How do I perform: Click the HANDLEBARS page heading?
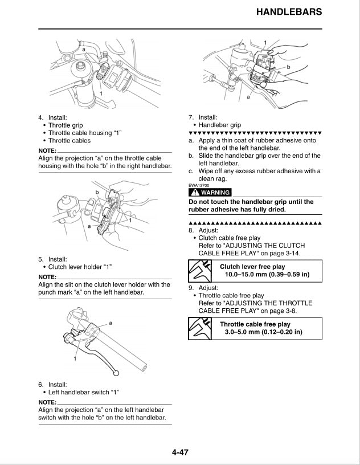[x=289, y=12]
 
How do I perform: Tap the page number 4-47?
[x=179, y=453]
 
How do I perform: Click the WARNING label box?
[x=210, y=193]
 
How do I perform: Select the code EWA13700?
[x=199, y=185]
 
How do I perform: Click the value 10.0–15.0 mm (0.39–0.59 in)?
[x=267, y=275]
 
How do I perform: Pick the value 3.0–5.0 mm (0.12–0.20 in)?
[x=263, y=332]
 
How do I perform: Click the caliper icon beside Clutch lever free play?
[x=199, y=271]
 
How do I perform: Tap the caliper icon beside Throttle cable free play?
[x=199, y=329]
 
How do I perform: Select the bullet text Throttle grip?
[x=66, y=125]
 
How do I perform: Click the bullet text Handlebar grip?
[x=219, y=125]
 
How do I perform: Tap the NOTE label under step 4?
[x=47, y=150]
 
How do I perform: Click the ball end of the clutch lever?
[x=117, y=373]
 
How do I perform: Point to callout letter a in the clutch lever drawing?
[x=110, y=323]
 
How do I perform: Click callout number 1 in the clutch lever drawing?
[x=75, y=360]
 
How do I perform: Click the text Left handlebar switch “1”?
[x=83, y=393]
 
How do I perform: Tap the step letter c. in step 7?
[x=191, y=171]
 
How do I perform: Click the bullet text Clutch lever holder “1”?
[x=80, y=266]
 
